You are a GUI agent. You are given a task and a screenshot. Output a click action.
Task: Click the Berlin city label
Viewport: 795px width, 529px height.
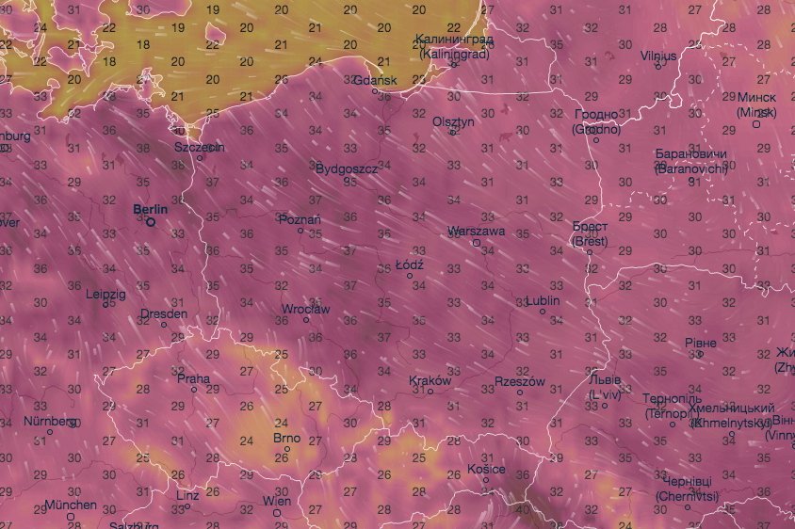coord(150,209)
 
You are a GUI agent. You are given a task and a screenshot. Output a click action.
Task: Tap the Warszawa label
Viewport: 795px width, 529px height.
coord(478,231)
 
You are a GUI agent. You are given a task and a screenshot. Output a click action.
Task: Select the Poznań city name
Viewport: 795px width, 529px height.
coord(301,219)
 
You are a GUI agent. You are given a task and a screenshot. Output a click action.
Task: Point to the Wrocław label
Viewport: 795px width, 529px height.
coord(306,309)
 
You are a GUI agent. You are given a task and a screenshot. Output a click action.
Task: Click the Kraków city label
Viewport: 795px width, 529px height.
coord(431,381)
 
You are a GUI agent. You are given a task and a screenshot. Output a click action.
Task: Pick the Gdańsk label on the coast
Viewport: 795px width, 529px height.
coord(374,80)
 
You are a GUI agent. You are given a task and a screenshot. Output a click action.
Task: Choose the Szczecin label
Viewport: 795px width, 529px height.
coord(200,147)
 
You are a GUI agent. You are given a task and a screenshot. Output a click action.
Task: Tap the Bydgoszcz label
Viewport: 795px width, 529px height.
coord(347,168)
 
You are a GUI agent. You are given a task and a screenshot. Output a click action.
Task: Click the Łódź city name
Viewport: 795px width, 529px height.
coord(410,264)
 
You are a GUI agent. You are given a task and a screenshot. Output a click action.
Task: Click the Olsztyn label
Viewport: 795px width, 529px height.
coord(453,121)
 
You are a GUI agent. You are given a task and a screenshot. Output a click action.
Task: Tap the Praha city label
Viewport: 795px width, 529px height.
coord(193,377)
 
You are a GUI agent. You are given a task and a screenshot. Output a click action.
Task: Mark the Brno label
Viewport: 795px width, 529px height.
coord(285,438)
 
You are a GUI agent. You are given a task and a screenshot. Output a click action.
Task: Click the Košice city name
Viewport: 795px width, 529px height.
coord(486,469)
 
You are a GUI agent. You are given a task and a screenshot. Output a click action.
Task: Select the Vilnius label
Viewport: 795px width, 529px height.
coord(658,56)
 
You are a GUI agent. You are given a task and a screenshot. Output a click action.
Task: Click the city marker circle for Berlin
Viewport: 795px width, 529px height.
coord(150,222)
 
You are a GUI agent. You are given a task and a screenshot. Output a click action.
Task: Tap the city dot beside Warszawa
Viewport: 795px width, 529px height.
coord(477,242)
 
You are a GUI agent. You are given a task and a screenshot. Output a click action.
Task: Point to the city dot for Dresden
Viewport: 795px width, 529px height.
coord(164,325)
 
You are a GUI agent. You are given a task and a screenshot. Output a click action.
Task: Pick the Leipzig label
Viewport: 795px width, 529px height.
coord(105,294)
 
